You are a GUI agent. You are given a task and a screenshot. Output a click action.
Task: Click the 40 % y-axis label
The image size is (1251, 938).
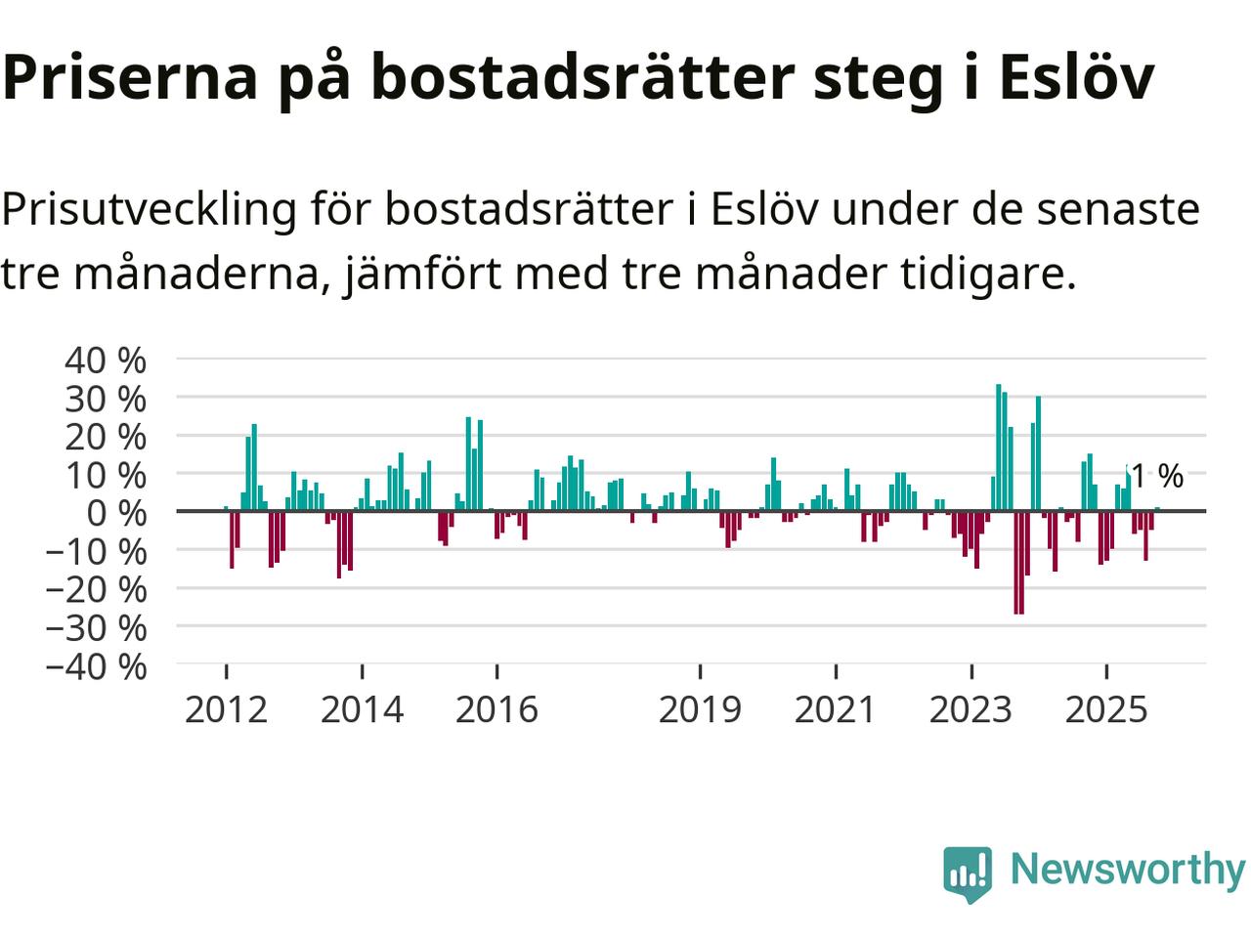(106, 360)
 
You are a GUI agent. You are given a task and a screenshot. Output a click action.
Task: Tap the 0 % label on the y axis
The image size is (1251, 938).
(117, 512)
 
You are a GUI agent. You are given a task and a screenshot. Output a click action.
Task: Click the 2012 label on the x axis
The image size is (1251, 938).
(226, 709)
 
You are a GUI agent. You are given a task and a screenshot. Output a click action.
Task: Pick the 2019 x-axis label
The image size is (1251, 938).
(700, 709)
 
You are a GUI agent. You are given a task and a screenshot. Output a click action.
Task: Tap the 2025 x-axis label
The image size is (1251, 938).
(1106, 709)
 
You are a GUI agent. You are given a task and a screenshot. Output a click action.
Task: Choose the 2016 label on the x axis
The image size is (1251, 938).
(496, 709)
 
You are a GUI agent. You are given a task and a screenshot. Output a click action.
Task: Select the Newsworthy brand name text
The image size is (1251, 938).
(1127, 869)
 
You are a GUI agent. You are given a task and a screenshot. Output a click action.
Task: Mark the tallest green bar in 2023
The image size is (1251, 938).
(998, 448)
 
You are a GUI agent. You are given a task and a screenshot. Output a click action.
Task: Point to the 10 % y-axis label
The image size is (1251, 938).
(106, 476)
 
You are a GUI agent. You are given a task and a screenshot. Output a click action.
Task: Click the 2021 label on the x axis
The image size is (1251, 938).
(836, 709)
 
